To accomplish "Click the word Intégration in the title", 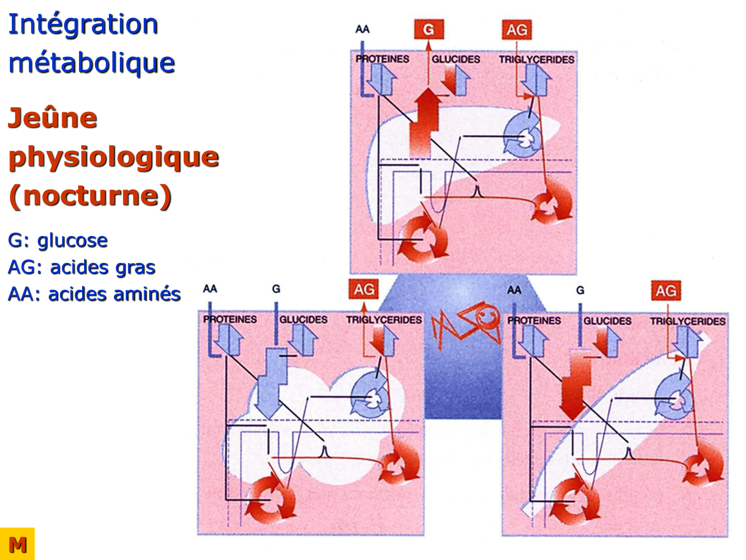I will point(83,24).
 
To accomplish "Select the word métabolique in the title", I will point(92,63).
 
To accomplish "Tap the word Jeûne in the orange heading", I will point(53,118).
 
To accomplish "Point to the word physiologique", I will point(113,157).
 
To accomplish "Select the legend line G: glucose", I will point(58,240).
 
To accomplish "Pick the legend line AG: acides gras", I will point(82,267).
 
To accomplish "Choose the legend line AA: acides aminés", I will point(94,294).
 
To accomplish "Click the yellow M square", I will point(17,544).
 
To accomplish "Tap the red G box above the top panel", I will point(428,29).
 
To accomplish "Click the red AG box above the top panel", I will point(517,30).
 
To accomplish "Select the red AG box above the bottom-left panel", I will point(364,289).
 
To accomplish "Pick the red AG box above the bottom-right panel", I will point(666,291).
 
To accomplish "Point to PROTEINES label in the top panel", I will point(382,59).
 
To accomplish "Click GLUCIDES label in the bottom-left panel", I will point(303,319).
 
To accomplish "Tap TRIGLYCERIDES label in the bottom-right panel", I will point(688,321).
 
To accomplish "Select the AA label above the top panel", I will point(363,29).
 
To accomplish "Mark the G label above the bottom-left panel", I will point(276,289).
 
